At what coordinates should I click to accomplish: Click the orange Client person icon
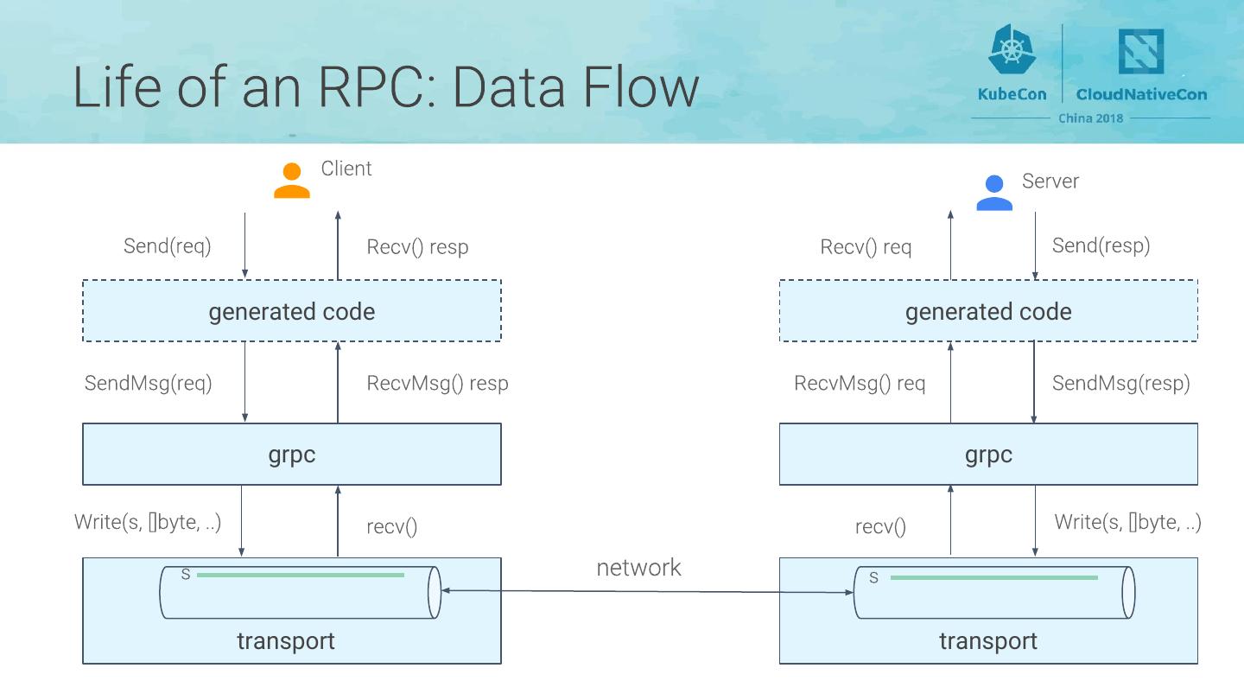[x=292, y=181]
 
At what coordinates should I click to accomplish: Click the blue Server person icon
[x=994, y=193]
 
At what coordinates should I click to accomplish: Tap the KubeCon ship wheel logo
[x=1012, y=49]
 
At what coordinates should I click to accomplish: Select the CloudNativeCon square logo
[x=1141, y=52]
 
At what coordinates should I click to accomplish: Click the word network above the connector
[x=638, y=568]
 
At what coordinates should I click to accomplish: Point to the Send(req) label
[x=167, y=245]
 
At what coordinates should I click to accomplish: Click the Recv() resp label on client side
[x=417, y=247]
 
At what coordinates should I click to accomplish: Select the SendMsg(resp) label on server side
[x=1120, y=383]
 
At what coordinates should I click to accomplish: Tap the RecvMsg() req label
[x=860, y=383]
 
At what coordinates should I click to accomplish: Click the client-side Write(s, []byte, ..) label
[x=148, y=522]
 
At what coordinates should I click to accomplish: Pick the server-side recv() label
[x=880, y=526]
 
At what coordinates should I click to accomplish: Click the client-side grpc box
[x=292, y=455]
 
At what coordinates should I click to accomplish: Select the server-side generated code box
[x=988, y=311]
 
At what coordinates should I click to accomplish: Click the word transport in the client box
[x=286, y=641]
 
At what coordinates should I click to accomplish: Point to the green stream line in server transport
[x=993, y=578]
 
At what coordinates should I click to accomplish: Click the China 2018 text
[x=1091, y=118]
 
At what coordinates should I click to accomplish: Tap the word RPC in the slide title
[x=359, y=87]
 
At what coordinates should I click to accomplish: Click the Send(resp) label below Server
[x=1101, y=245]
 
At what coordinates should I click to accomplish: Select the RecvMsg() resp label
[x=437, y=383]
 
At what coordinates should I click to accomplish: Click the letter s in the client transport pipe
[x=185, y=575]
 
